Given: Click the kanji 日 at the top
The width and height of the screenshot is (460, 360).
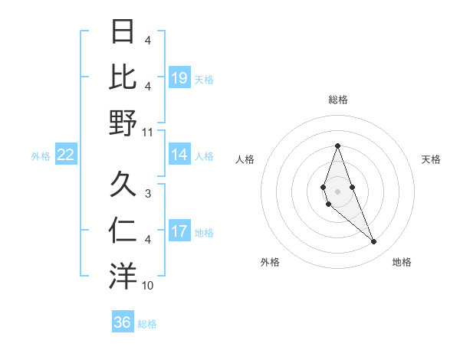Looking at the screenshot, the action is (123, 33).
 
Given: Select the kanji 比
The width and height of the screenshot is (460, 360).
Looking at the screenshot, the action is (123, 77).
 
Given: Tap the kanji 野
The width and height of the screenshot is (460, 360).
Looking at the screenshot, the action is (123, 122).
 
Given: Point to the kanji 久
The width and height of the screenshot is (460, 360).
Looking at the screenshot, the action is (123, 185).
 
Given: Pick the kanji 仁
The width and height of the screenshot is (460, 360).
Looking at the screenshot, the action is (123, 231).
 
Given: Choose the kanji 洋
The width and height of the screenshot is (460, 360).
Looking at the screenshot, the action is (123, 276).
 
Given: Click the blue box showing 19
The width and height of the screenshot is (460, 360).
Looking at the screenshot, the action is (179, 78).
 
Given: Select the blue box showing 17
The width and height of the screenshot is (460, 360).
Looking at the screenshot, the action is (179, 232).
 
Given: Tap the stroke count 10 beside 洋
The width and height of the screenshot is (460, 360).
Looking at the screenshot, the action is (147, 286).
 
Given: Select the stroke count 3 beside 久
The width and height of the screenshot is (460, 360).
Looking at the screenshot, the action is (148, 195).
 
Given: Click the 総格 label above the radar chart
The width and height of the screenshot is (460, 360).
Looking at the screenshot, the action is (337, 100).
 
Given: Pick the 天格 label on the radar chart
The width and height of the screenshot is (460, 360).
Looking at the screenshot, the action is (431, 159).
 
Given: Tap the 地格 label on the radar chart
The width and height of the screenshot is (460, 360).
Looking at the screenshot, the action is (402, 262).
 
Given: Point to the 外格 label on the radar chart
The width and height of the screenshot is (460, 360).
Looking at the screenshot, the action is (270, 262).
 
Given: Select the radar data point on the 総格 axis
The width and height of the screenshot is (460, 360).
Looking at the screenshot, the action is (337, 146).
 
